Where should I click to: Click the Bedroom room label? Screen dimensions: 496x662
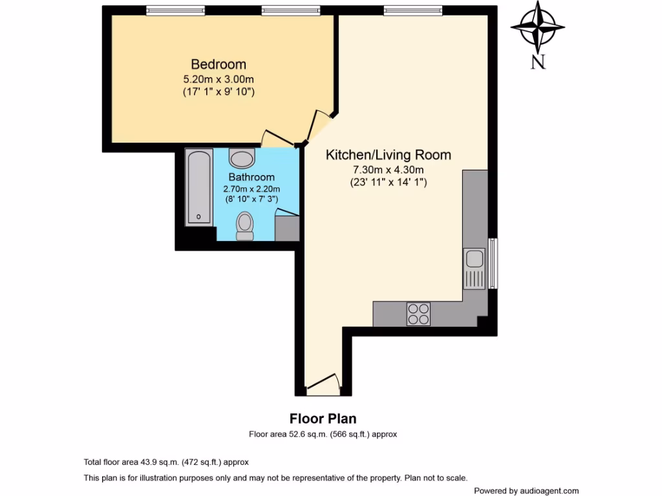218,65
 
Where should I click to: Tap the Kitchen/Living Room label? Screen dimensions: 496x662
388,155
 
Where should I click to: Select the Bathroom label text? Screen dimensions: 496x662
251,177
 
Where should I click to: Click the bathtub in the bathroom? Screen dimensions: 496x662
198,187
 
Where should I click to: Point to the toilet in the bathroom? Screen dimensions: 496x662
244,227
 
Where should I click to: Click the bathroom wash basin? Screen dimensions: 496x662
242,158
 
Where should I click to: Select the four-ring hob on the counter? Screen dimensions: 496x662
418,314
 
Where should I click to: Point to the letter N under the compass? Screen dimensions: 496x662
537,62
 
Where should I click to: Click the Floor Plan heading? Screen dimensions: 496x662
323,419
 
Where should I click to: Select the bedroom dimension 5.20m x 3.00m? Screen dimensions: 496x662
218,79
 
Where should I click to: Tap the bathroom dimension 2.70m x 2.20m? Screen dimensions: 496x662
251,189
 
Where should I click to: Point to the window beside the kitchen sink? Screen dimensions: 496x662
493,263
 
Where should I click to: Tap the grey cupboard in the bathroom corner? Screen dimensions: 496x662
287,229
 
